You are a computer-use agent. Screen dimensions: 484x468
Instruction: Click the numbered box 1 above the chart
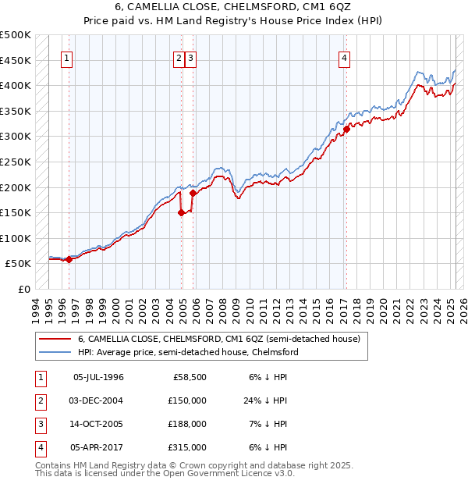pyautogui.click(x=67, y=58)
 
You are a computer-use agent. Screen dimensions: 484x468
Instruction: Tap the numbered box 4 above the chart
pyautogui.click(x=344, y=58)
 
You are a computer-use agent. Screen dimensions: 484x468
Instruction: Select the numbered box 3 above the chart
pyautogui.click(x=191, y=58)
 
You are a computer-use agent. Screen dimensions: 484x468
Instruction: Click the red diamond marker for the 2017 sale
pyautogui.click(x=346, y=129)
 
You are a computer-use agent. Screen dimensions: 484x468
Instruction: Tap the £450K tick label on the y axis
pyautogui.click(x=16, y=60)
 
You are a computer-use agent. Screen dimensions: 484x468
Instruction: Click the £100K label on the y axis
pyautogui.click(x=16, y=238)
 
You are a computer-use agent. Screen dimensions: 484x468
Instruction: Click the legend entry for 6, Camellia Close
pyautogui.click(x=218, y=340)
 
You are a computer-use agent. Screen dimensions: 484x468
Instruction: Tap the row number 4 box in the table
pyautogui.click(x=39, y=447)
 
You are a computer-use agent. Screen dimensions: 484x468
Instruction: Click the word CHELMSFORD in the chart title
pyautogui.click(x=251, y=9)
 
